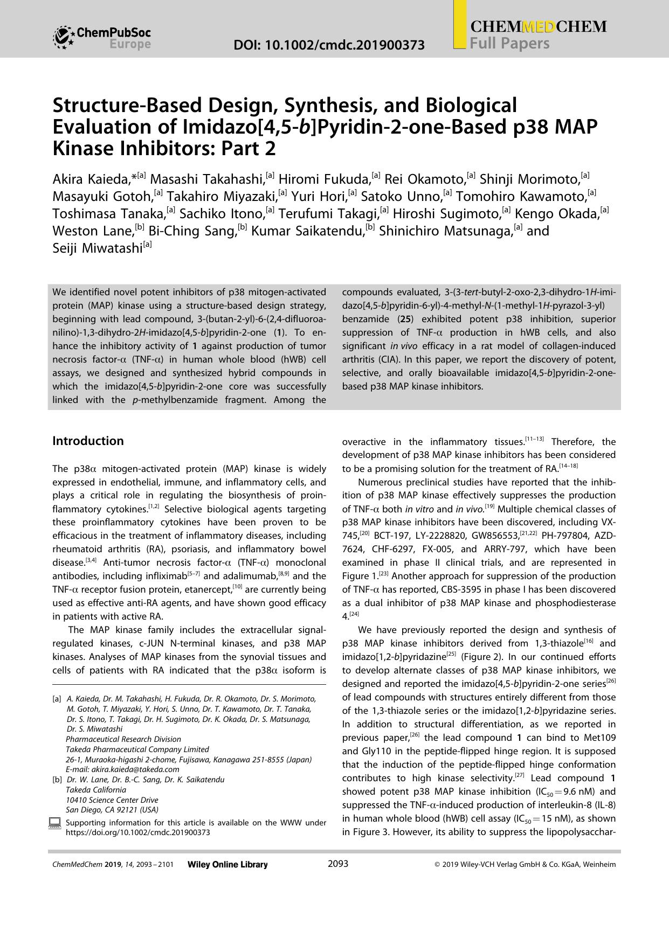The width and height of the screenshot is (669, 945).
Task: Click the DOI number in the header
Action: coord(329,45)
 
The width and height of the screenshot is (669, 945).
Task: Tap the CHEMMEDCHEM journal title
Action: coord(538,27)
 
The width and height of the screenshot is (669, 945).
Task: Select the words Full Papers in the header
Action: coord(509,44)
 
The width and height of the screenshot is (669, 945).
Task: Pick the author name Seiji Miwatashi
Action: coord(96,248)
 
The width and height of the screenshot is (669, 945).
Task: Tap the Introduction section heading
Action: coord(88,441)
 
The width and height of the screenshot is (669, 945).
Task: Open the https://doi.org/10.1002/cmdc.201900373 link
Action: coord(137,832)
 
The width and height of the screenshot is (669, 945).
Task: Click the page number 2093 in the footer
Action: coord(338,864)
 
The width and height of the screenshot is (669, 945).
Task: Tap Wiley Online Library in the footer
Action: coord(227,865)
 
